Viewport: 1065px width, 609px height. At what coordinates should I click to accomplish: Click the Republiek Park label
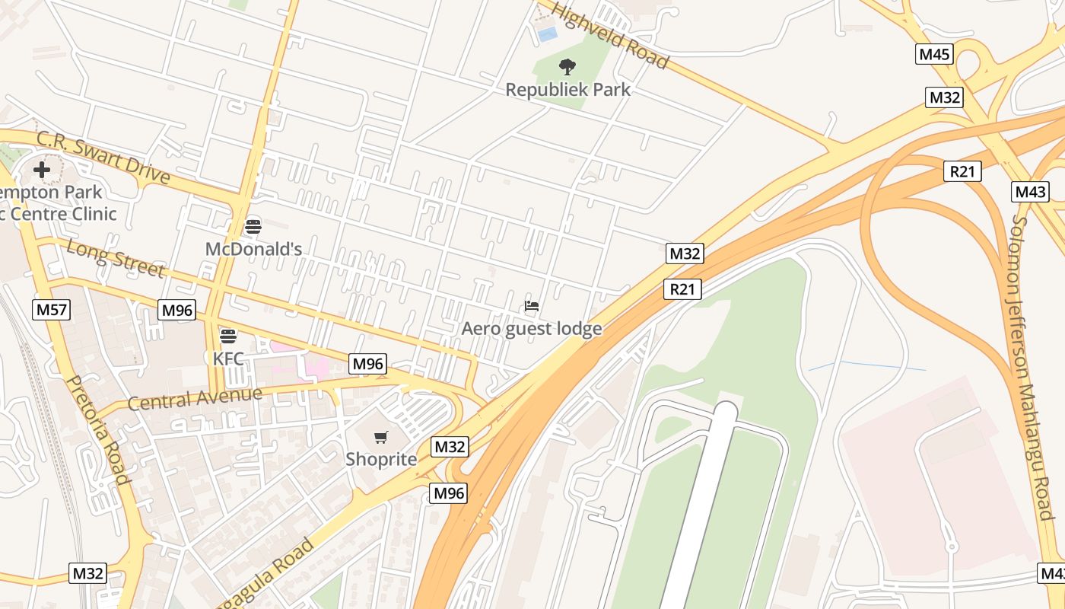(x=568, y=90)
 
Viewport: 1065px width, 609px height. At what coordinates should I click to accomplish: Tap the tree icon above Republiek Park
(x=567, y=67)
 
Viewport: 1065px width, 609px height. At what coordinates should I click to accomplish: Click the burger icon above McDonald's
(x=253, y=226)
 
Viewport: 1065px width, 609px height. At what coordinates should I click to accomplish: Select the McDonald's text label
(x=253, y=249)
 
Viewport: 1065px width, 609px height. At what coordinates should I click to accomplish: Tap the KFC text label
(x=228, y=358)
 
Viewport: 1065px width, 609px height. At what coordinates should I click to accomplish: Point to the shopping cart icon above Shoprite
(x=381, y=437)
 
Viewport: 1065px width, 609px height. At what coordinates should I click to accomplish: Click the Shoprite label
(x=381, y=460)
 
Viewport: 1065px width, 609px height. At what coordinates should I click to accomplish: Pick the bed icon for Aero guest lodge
(x=532, y=306)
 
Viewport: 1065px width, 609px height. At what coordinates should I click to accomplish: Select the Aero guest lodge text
(x=532, y=329)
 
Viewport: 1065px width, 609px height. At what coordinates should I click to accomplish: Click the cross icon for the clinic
(x=42, y=169)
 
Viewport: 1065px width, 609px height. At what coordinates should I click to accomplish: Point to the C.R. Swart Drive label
(x=103, y=158)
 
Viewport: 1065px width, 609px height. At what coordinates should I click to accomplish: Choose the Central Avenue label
(x=195, y=398)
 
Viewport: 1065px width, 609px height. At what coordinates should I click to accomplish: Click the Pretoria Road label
(x=99, y=429)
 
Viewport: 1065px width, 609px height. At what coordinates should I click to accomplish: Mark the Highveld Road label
(x=610, y=35)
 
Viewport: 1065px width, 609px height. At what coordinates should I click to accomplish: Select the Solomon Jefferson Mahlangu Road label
(x=1033, y=365)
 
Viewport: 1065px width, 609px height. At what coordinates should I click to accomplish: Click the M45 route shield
(x=934, y=54)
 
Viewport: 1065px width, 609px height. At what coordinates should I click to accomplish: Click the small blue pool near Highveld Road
(x=546, y=33)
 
